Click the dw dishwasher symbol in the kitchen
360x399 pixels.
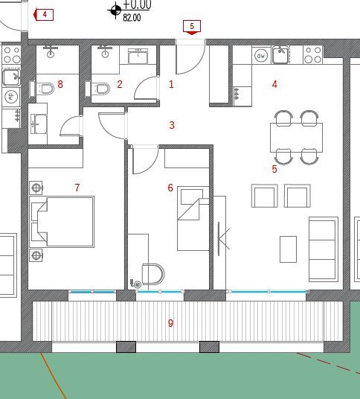coord(261,55)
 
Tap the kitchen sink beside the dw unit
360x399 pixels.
coord(280,54)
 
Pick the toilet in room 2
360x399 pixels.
coord(100,89)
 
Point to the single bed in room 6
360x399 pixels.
coord(190,219)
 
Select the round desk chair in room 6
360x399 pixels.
coord(152,275)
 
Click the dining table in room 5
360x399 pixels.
coord(296,138)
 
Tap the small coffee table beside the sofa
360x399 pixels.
coord(288,249)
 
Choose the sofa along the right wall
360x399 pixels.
coord(323,249)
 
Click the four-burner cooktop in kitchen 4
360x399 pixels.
coord(313,54)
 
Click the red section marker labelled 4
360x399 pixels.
coord(43,14)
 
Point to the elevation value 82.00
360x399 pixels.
coord(132,18)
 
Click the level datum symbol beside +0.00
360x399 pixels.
coord(115,10)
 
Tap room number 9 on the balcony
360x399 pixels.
coord(170,323)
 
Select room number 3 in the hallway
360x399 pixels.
coord(172,125)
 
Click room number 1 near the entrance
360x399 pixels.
coord(171,84)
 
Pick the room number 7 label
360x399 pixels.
coord(77,188)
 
